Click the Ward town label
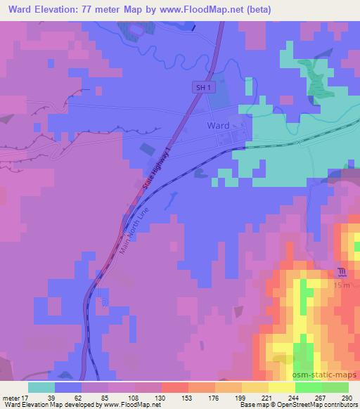[217, 125]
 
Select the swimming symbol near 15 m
[341, 272]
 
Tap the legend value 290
[347, 397]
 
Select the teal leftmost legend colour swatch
[41, 387]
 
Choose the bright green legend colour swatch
[309, 387]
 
